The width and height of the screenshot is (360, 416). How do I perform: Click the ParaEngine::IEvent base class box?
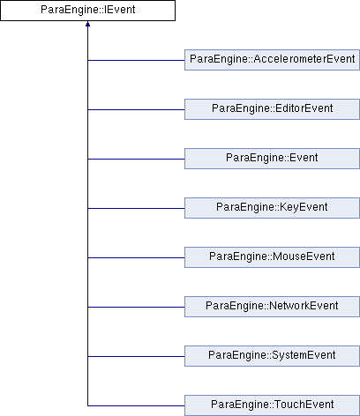point(87,11)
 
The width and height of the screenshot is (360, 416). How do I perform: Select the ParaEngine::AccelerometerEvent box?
point(272,60)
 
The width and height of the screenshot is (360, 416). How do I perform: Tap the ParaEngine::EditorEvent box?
point(272,109)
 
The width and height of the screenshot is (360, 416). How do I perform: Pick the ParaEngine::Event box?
point(272,159)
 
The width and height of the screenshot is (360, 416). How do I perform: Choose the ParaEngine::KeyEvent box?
point(272,208)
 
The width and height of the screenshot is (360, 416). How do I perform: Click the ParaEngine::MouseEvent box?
point(272,257)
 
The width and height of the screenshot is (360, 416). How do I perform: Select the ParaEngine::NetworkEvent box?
point(272,307)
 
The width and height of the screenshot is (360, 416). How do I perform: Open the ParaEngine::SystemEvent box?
point(272,356)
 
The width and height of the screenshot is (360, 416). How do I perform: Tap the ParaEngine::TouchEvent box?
point(272,405)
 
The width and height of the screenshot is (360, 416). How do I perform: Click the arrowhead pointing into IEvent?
point(87,24)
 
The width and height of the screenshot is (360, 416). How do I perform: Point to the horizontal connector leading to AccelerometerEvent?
point(136,61)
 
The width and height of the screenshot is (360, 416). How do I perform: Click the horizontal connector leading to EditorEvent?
point(136,110)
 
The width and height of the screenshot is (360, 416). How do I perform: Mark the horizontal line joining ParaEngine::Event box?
point(136,160)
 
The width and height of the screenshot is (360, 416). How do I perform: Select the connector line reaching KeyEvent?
point(136,209)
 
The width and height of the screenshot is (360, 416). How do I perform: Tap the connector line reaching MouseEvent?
point(136,258)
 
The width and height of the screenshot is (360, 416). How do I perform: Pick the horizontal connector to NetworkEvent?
point(136,308)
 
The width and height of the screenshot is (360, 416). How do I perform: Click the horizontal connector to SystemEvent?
point(136,357)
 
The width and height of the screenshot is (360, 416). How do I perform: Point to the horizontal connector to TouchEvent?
point(136,406)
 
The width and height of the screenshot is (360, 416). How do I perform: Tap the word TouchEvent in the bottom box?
point(304,405)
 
